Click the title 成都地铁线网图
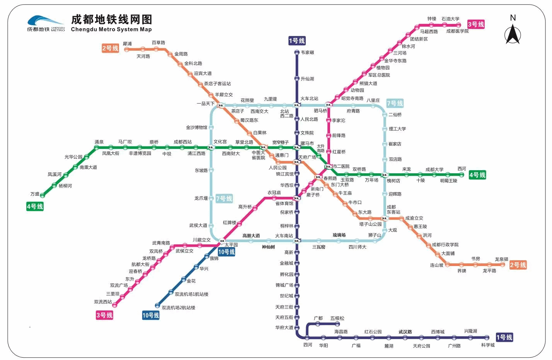111,19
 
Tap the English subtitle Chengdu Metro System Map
111,29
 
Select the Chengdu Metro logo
46,24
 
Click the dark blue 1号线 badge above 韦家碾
297,41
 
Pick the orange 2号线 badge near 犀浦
110,48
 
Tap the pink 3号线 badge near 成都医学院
476,24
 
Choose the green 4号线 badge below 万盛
35,206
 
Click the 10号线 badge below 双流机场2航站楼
151,315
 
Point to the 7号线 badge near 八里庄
395,103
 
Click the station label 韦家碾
307,52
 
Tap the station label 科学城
488,345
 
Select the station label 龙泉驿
501,259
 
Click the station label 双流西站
103,302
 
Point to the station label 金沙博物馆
196,127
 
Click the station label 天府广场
307,157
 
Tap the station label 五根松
337,318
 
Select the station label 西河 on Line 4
462,169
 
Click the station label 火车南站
284,235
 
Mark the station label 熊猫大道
368,83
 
